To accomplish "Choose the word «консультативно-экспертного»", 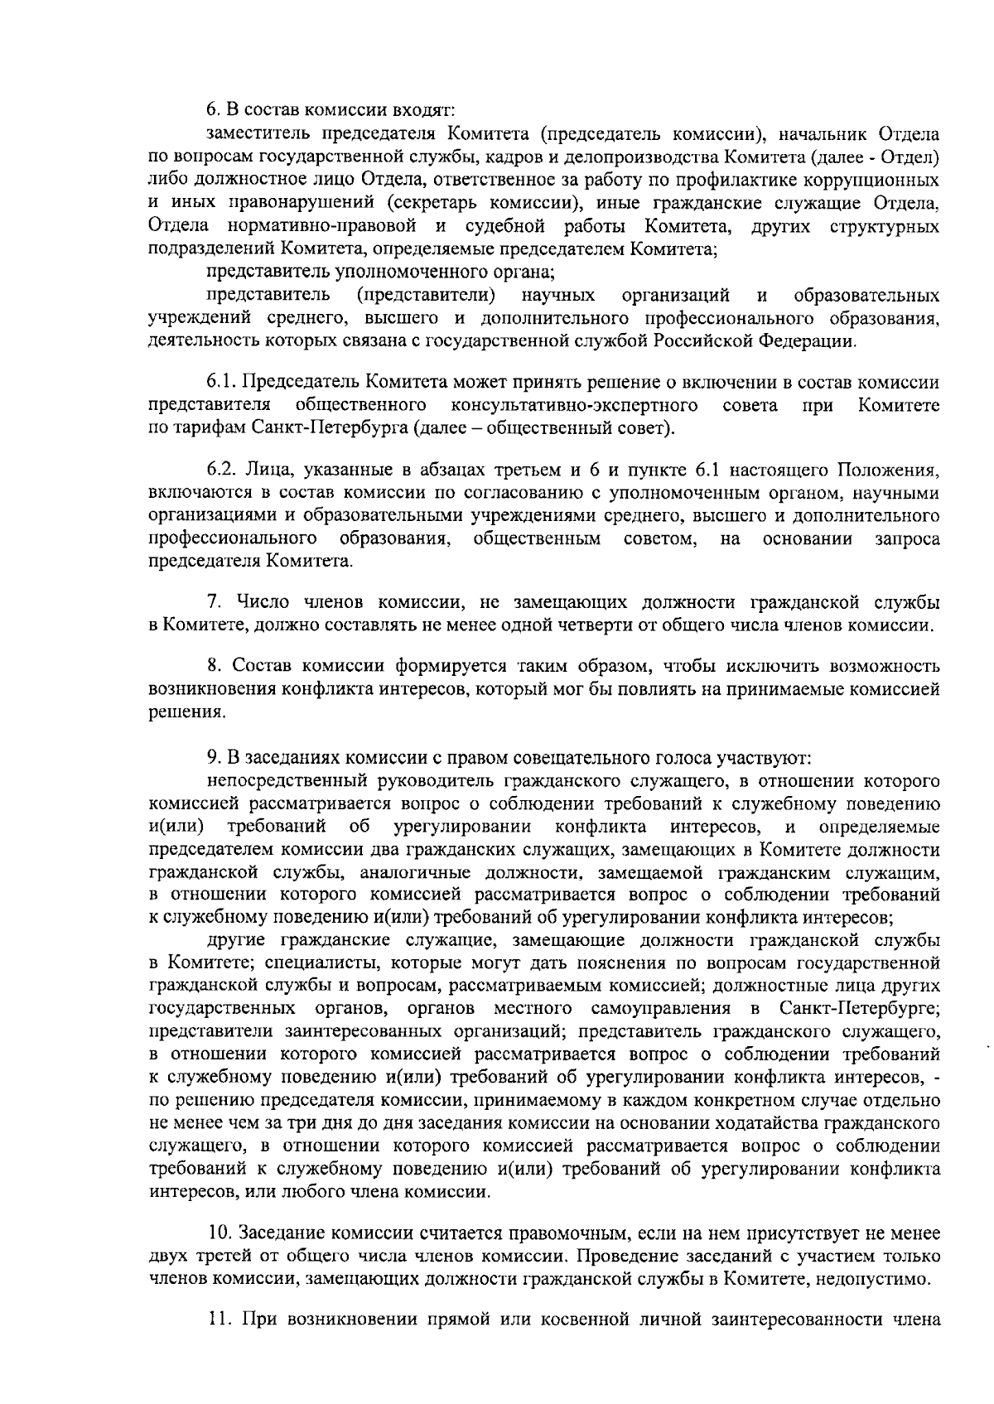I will tap(573, 405).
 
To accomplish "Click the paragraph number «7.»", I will tap(213, 601).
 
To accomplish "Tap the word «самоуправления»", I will tap(667, 1009).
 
